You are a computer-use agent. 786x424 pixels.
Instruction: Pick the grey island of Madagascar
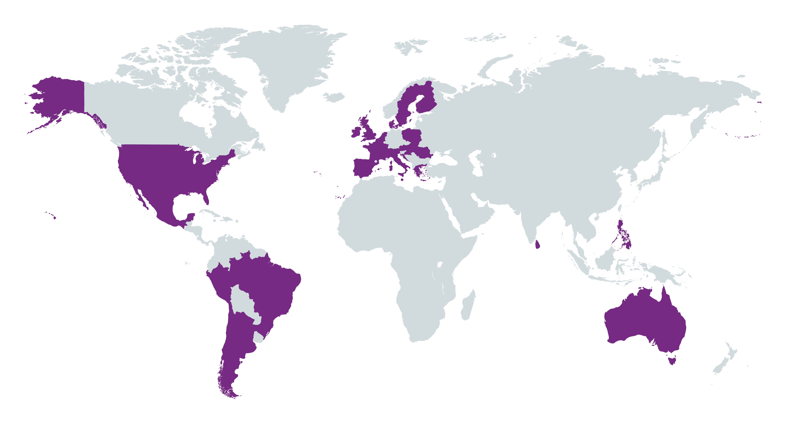(468, 305)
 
